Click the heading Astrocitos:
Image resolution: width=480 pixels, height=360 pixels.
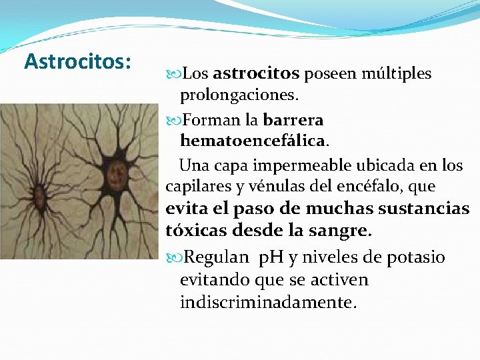77,61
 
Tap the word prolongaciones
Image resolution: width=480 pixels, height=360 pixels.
239,95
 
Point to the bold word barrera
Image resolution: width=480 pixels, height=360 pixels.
293,121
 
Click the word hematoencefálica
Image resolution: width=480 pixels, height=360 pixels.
253,141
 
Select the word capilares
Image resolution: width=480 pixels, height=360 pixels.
193,186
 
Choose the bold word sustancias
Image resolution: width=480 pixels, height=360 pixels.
424,209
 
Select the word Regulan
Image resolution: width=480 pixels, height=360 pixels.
215,257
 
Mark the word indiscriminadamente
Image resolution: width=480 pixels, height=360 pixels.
268,302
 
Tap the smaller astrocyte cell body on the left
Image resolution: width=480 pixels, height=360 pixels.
38,195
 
